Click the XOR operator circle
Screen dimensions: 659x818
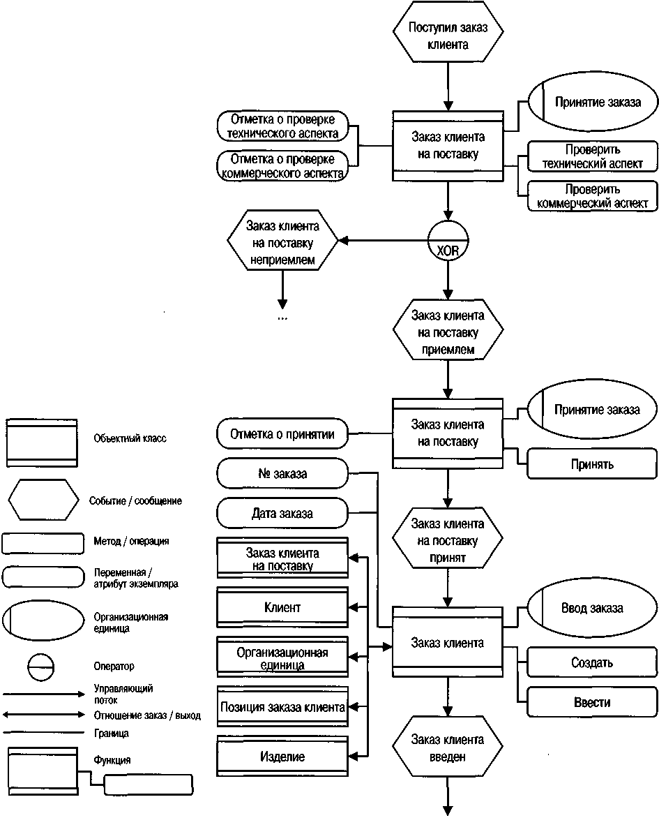click(x=448, y=241)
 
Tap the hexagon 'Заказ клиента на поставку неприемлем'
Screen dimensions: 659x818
click(x=282, y=240)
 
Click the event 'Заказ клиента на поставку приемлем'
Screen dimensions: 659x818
click(x=448, y=329)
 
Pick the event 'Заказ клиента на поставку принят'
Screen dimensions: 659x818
click(x=448, y=538)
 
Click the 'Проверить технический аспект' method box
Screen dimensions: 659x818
click(x=592, y=156)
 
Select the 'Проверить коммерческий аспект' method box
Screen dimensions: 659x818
click(x=592, y=195)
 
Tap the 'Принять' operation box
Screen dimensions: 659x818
click(x=592, y=463)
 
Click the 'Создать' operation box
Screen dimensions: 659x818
click(x=592, y=662)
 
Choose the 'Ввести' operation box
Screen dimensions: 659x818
click(x=592, y=701)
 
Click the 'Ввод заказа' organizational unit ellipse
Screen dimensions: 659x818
click(x=592, y=608)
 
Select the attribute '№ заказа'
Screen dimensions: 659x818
click(x=282, y=473)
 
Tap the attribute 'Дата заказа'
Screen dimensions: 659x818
click(x=282, y=513)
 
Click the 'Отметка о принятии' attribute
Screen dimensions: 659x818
click(x=282, y=433)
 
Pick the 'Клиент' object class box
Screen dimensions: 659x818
click(x=282, y=607)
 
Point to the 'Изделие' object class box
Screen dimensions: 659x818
click(x=282, y=756)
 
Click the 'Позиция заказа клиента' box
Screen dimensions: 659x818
click(x=282, y=706)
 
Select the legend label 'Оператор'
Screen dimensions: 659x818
click(x=114, y=666)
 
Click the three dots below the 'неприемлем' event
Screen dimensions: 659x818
click(x=282, y=318)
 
